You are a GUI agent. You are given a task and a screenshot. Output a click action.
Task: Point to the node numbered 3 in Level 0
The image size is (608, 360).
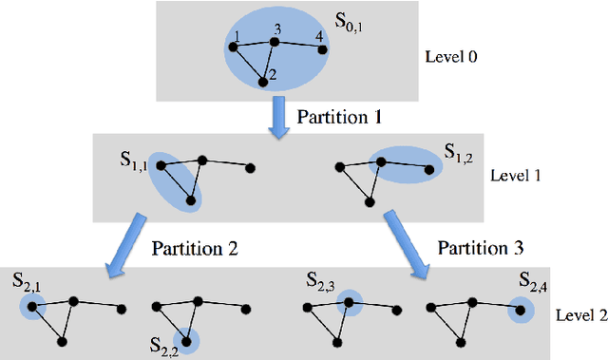click(275, 42)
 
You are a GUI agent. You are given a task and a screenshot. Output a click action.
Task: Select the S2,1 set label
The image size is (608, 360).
click(26, 280)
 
